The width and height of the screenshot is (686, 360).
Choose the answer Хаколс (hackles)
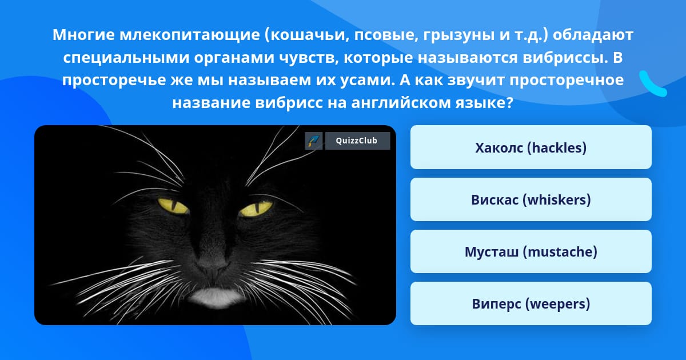pos(531,147)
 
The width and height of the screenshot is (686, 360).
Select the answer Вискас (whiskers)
pos(531,199)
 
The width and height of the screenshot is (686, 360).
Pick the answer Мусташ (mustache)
pos(531,251)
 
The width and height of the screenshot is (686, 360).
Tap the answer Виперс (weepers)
pos(531,303)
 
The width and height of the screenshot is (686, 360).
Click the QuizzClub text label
pos(357,141)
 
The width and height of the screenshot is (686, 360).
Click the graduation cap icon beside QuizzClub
pos(314,141)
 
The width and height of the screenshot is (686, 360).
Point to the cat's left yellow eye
pos(173,206)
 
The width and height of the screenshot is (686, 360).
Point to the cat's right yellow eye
pos(256,208)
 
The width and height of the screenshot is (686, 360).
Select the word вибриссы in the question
pos(565,57)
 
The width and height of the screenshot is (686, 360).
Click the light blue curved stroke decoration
pos(653,83)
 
